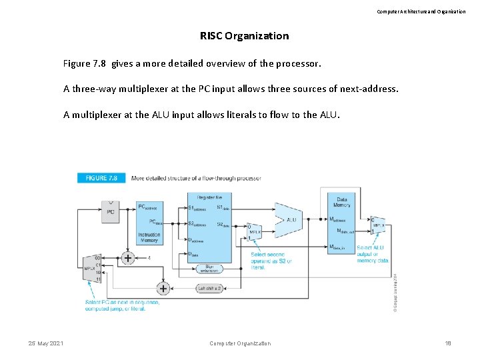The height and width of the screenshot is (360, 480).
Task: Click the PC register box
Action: coord(111,213)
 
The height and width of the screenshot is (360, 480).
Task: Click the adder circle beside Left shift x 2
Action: coord(163,288)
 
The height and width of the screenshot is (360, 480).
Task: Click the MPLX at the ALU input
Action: coord(254,231)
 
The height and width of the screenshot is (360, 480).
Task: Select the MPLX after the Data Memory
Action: coord(378,225)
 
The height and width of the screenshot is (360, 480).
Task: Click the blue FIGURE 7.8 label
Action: coord(101,179)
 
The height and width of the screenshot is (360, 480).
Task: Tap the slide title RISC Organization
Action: coord(244,36)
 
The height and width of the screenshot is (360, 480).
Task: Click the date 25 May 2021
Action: coord(46,343)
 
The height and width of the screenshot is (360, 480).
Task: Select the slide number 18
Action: coord(448,343)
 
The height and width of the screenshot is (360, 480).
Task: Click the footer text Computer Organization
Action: coord(240,343)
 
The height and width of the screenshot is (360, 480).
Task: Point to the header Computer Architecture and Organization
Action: coord(421,11)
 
